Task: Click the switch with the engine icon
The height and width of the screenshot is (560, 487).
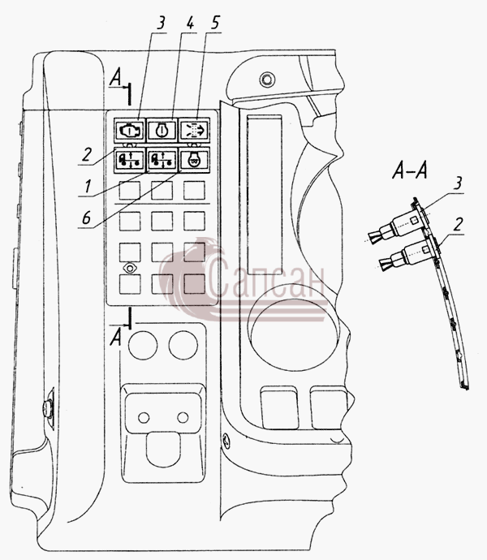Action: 130,131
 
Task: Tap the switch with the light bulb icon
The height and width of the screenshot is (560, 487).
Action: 195,161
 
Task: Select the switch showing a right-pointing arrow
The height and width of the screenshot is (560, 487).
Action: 194,131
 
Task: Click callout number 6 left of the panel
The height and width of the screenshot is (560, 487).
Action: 87,218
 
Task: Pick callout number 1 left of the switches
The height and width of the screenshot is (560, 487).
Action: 87,186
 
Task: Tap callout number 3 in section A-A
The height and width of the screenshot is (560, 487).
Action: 457,183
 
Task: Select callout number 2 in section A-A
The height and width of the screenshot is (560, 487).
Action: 458,224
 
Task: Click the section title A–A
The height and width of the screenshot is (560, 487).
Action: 409,170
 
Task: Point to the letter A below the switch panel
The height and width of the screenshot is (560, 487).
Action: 115,338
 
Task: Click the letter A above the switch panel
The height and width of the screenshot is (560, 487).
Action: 115,78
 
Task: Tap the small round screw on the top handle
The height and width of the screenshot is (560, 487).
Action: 266,79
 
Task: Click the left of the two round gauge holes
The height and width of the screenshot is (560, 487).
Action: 143,345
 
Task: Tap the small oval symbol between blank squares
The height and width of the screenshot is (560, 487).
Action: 130,268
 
